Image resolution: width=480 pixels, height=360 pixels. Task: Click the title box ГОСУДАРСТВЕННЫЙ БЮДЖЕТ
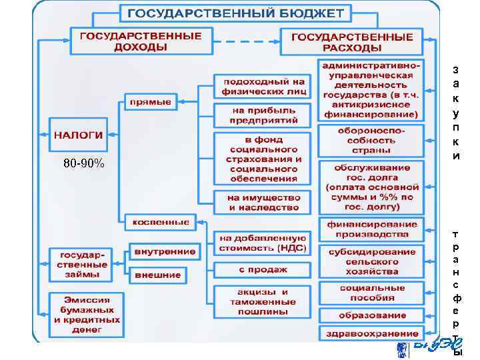[236, 13]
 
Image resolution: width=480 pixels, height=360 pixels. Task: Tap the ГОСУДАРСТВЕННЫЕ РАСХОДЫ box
[351, 41]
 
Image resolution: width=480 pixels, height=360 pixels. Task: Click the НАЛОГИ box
[78, 135]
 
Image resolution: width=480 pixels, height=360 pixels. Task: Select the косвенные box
[160, 222]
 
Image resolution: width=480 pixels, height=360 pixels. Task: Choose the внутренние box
[165, 252]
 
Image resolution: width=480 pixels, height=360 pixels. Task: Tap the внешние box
[158, 274]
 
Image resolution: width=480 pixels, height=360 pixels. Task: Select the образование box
[371, 315]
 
